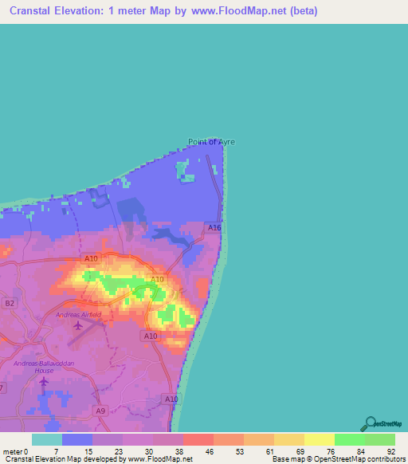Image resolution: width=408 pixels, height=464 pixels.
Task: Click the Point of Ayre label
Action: pyautogui.click(x=211, y=142)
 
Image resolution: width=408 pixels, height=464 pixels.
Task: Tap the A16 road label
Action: pyautogui.click(x=214, y=228)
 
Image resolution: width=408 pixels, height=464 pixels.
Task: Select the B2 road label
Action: pyautogui.click(x=10, y=303)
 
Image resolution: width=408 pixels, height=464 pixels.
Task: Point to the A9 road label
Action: pyautogui.click(x=100, y=411)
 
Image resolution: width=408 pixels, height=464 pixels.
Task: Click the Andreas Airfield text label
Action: pyautogui.click(x=79, y=315)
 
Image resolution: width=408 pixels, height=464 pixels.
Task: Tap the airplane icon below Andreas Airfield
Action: pyautogui.click(x=77, y=325)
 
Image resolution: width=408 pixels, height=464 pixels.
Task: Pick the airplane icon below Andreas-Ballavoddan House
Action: pyautogui.click(x=43, y=381)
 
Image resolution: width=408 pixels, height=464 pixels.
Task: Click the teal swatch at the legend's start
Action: pyautogui.click(x=47, y=439)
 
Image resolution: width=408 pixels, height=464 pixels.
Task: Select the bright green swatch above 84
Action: pyautogui.click(x=349, y=439)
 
